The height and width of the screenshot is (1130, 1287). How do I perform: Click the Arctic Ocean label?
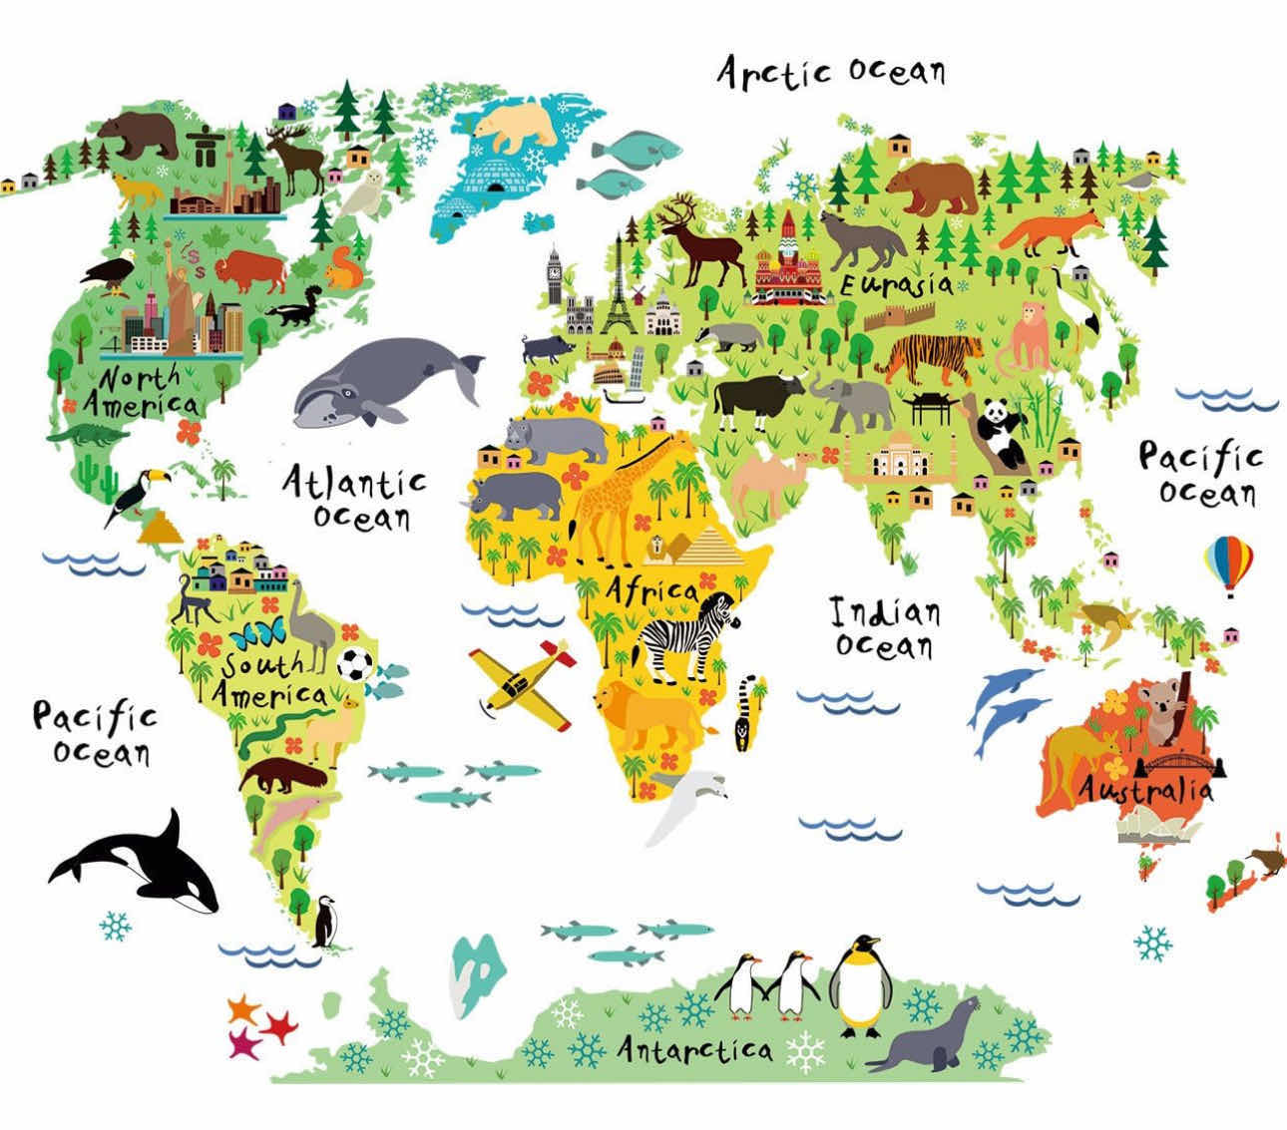pos(831,72)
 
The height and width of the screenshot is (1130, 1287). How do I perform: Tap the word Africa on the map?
pos(651,588)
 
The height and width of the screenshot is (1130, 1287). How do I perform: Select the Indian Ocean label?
pos(885,628)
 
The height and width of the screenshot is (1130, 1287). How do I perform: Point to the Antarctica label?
pos(694,1048)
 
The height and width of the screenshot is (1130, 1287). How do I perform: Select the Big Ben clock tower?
pos(554,274)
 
